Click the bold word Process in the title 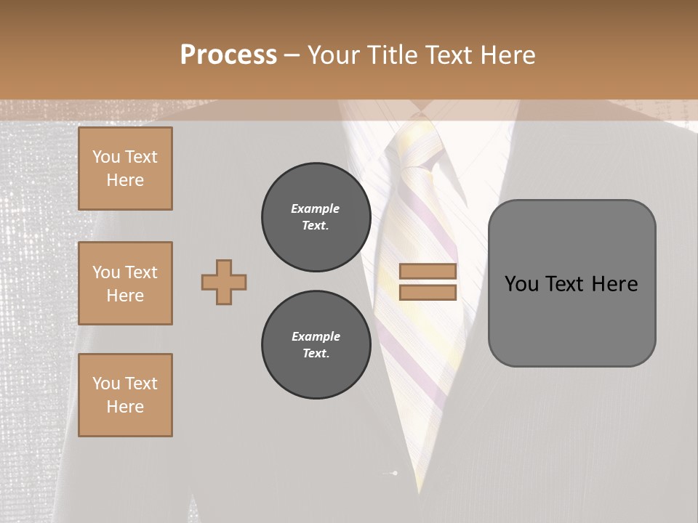[x=228, y=54]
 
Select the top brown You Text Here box [x=125, y=169]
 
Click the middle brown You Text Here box [x=125, y=283]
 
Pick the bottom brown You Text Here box [x=125, y=395]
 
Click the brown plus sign [x=224, y=282]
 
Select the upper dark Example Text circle [x=316, y=217]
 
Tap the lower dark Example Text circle [x=316, y=345]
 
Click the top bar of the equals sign [x=428, y=272]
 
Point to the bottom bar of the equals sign [x=428, y=293]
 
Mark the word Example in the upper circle [x=316, y=208]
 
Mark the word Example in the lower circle [x=316, y=336]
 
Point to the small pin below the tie [x=393, y=474]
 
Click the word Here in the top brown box [x=125, y=180]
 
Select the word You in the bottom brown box [x=106, y=384]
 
